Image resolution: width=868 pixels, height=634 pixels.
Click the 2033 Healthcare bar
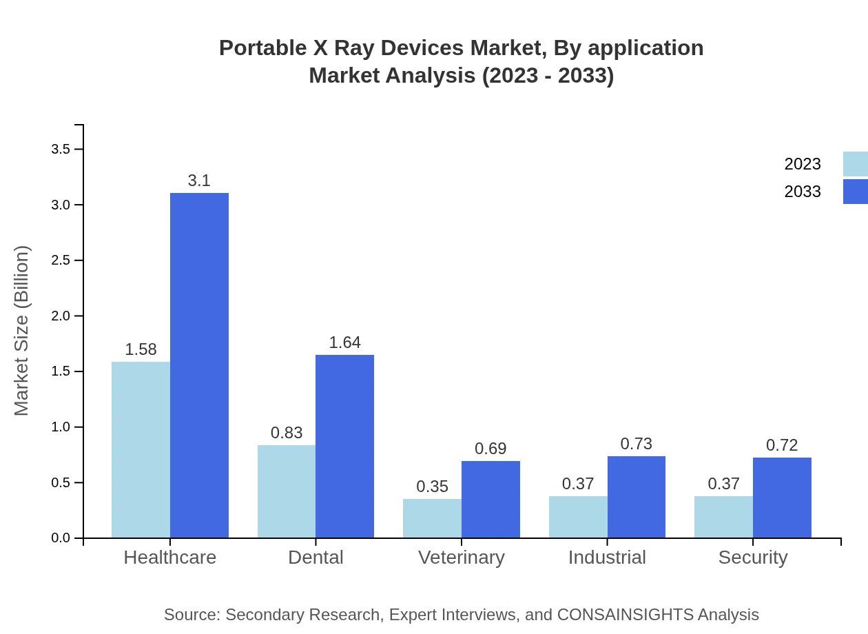coord(199,365)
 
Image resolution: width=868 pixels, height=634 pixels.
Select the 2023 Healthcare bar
coord(141,449)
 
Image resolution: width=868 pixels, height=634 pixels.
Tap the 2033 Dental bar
coord(344,446)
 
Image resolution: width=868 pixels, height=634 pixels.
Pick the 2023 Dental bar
coord(287,491)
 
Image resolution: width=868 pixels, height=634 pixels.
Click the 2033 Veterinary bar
coord(490,499)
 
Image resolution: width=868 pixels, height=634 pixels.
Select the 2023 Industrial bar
coord(578,517)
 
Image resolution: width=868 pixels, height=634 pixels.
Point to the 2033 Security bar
coord(782,498)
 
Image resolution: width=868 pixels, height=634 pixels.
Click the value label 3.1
coord(199,181)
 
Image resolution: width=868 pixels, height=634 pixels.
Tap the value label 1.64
coord(344,342)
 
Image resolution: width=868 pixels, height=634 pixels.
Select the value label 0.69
coord(490,449)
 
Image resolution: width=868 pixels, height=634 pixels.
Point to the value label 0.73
coord(636,444)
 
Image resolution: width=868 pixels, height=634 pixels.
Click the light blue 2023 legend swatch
coord(855,164)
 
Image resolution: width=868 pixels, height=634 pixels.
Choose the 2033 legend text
coord(803,192)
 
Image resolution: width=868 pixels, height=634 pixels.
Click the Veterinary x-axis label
coord(462,557)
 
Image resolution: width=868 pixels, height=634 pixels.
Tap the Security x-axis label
coord(753,557)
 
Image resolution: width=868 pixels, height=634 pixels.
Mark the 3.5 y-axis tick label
coord(61,150)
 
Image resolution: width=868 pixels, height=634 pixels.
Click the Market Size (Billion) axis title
coord(22,331)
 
